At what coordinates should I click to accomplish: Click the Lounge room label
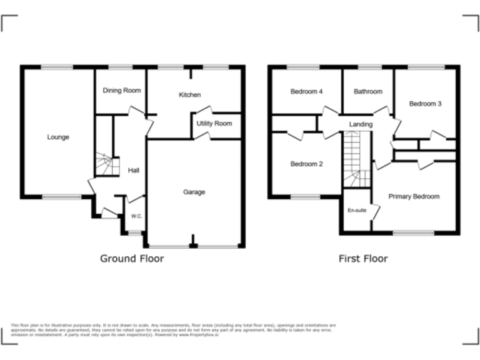tap(58, 137)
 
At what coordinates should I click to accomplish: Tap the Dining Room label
tap(122, 91)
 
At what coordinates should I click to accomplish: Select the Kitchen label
tap(189, 95)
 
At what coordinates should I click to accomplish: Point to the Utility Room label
tap(214, 124)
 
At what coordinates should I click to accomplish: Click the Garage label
tap(194, 192)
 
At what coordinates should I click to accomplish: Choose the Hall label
tap(134, 170)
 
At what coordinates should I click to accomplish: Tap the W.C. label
tap(136, 216)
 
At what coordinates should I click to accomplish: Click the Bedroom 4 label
tap(306, 92)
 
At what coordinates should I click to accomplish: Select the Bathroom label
tap(367, 92)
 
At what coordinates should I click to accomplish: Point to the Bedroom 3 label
tap(425, 104)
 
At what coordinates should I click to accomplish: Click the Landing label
tap(361, 124)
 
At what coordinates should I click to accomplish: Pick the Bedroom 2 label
tap(306, 164)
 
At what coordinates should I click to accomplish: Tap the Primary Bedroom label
tap(414, 197)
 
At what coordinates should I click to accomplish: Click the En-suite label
tap(356, 211)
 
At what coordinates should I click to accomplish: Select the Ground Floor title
tap(132, 258)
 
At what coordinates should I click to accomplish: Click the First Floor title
tap(362, 258)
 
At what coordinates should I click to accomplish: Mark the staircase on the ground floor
tap(104, 166)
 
